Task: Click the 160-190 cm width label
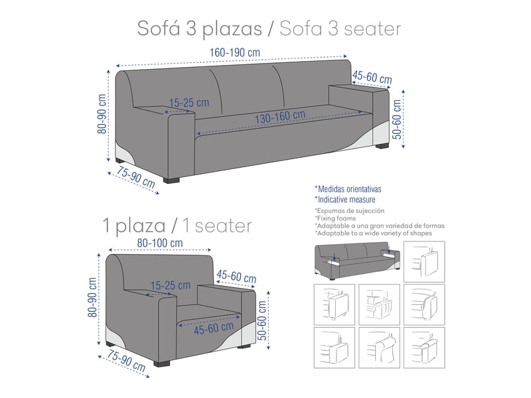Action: [235, 53]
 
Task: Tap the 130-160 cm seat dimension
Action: [280, 117]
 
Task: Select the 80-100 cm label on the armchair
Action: [160, 243]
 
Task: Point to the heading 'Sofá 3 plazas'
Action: [200, 29]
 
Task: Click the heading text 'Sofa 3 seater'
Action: [341, 29]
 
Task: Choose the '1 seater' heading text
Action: [218, 226]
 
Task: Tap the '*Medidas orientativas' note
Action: [348, 189]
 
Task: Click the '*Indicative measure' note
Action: [344, 200]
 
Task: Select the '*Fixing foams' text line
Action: [335, 218]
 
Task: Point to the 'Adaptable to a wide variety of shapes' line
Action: [373, 233]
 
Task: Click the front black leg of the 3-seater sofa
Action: [171, 180]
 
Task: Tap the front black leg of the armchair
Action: [162, 364]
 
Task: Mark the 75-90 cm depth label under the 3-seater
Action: [135, 177]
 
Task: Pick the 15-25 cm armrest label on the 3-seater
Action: [189, 103]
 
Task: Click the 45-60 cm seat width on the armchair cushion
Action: [214, 328]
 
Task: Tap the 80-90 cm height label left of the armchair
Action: [92, 297]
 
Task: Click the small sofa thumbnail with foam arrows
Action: [357, 261]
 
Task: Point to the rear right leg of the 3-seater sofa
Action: [382, 146]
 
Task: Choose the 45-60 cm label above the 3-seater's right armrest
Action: [372, 78]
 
